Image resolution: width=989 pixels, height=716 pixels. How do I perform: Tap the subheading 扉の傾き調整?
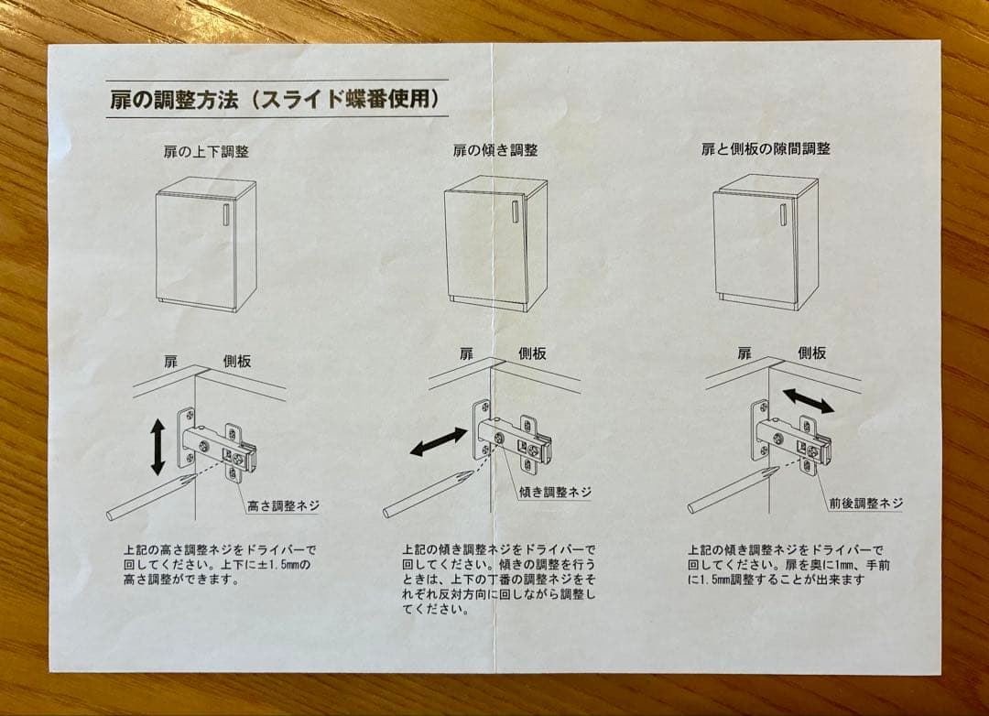pos(495,150)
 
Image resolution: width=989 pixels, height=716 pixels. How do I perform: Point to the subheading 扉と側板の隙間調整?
pos(766,148)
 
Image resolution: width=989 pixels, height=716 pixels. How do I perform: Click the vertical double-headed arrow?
pos(158,446)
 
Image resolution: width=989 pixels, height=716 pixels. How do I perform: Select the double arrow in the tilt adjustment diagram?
pos(438,442)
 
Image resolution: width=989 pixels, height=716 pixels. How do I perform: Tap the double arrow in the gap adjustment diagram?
pos(808,400)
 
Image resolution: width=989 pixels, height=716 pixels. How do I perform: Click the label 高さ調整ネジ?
pos(283,505)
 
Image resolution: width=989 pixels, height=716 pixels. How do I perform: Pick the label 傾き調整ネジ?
pos(555,493)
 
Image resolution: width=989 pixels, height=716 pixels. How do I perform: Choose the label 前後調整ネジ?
pos(865,504)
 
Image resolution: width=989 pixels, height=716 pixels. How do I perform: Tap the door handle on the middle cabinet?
pos(515,212)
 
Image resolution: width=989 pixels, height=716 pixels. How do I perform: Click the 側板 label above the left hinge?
pos(237,362)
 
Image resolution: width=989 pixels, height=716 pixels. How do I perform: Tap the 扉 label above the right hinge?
pos(744,353)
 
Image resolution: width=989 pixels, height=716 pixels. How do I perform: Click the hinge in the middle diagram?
pos(513,441)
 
